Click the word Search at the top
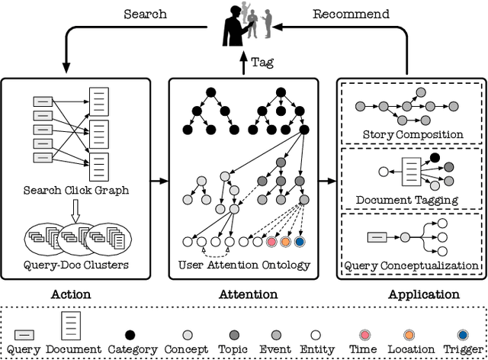(145, 14)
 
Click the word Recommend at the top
(351, 14)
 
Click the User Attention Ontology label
(244, 265)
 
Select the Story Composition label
(412, 134)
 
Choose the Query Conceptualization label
(412, 265)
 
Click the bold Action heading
(71, 294)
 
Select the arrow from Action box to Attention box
(158, 182)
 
